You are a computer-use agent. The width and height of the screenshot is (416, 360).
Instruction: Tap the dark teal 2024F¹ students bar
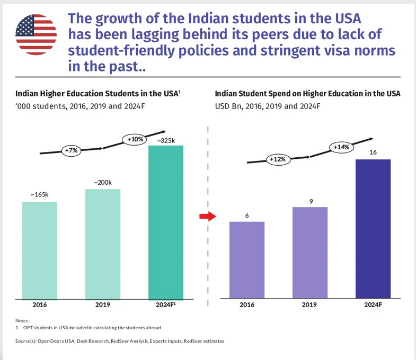(x=166, y=222)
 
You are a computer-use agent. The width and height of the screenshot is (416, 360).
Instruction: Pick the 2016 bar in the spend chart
(x=246, y=260)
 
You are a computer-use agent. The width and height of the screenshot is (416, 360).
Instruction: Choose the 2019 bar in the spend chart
(x=310, y=253)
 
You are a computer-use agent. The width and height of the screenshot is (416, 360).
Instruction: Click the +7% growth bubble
(x=71, y=150)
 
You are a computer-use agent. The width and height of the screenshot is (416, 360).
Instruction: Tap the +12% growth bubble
(x=278, y=159)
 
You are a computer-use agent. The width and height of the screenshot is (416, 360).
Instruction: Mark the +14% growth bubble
(x=341, y=147)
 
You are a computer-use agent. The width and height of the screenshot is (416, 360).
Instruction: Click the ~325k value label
(x=165, y=140)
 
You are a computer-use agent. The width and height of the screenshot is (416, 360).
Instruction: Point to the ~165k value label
(x=40, y=195)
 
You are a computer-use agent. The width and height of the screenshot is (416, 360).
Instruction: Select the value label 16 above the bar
(x=373, y=152)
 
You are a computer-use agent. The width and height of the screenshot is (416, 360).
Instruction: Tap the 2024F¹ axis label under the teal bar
(x=166, y=305)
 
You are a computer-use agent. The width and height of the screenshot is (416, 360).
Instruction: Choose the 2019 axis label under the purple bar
(x=310, y=305)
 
